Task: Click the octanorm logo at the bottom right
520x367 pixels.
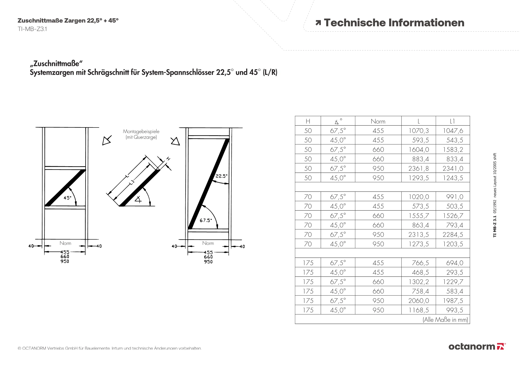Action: (x=477, y=346)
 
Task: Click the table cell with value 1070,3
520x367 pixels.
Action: (x=419, y=131)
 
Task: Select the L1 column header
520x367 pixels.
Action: (x=452, y=121)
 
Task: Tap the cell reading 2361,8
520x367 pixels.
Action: (x=419, y=169)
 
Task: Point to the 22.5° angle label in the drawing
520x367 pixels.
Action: (x=221, y=176)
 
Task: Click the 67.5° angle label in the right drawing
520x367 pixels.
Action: (x=206, y=221)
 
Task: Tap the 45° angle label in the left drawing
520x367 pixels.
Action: (x=67, y=198)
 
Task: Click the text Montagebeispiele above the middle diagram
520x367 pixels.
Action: (x=141, y=131)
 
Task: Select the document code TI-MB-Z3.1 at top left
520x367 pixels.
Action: (x=32, y=29)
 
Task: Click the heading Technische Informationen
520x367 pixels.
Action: (x=394, y=23)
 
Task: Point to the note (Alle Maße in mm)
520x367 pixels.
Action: (x=445, y=320)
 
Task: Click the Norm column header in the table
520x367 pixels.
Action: (x=378, y=121)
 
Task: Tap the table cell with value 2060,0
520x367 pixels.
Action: (x=419, y=301)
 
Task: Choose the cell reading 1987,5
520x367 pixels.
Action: (x=453, y=301)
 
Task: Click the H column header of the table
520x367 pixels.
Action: (x=308, y=121)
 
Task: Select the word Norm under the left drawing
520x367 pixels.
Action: (x=65, y=243)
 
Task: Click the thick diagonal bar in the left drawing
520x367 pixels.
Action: (x=66, y=188)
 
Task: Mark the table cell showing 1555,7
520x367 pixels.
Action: (x=419, y=216)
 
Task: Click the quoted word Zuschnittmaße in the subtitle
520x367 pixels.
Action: (x=56, y=64)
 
